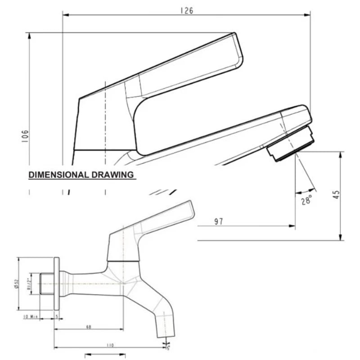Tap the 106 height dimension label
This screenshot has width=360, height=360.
pyautogui.click(x=25, y=136)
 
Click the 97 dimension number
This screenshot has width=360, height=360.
pyautogui.click(x=219, y=221)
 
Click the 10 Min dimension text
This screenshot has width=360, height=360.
pyautogui.click(x=30, y=316)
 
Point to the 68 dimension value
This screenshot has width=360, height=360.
pyautogui.click(x=88, y=327)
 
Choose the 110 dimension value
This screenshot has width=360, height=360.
pyautogui.click(x=110, y=345)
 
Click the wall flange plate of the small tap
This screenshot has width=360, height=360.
pyautogui.click(x=56, y=283)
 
